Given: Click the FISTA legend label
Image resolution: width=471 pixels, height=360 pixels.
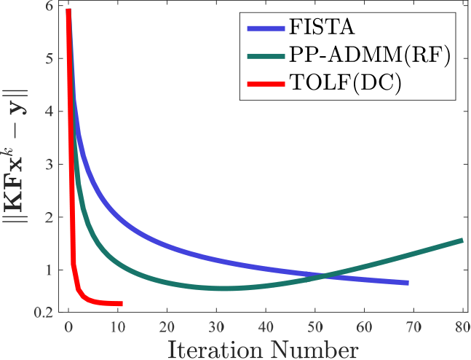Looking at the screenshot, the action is pyautogui.click(x=322, y=27).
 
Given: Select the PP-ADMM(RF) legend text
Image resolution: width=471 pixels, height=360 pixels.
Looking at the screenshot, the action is pyautogui.click(x=370, y=55).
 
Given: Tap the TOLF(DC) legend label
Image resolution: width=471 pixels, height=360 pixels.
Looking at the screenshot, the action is pyautogui.click(x=345, y=83).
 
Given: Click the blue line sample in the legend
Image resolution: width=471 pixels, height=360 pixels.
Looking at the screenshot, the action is pyautogui.click(x=266, y=28).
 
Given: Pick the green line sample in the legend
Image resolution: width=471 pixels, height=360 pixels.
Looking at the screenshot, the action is pyautogui.click(x=266, y=56).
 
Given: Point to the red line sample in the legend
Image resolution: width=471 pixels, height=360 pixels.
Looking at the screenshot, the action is pyautogui.click(x=266, y=85).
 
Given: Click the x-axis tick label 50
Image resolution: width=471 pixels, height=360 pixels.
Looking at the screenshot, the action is pyautogui.click(x=315, y=327).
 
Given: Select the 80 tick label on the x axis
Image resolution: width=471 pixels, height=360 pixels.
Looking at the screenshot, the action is pyautogui.click(x=462, y=327).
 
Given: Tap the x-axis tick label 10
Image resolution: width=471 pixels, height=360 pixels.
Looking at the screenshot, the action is pyautogui.click(x=118, y=327).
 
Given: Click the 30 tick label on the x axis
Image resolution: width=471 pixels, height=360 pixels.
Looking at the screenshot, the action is pyautogui.click(x=216, y=327).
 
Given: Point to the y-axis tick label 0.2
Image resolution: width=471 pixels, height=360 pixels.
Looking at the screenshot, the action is pyautogui.click(x=43, y=313).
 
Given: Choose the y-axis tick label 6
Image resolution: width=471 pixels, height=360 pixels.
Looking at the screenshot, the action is pyautogui.click(x=49, y=7).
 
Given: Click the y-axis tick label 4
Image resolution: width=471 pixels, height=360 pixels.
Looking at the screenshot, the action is pyautogui.click(x=49, y=111).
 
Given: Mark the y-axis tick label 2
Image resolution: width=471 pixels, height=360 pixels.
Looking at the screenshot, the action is pyautogui.click(x=49, y=217).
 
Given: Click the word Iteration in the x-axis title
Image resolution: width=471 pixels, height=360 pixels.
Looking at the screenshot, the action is pyautogui.click(x=215, y=350).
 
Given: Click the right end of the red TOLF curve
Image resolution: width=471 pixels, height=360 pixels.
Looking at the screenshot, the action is pyautogui.click(x=122, y=304).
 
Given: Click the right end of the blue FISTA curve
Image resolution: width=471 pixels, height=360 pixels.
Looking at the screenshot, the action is pyautogui.click(x=408, y=283).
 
